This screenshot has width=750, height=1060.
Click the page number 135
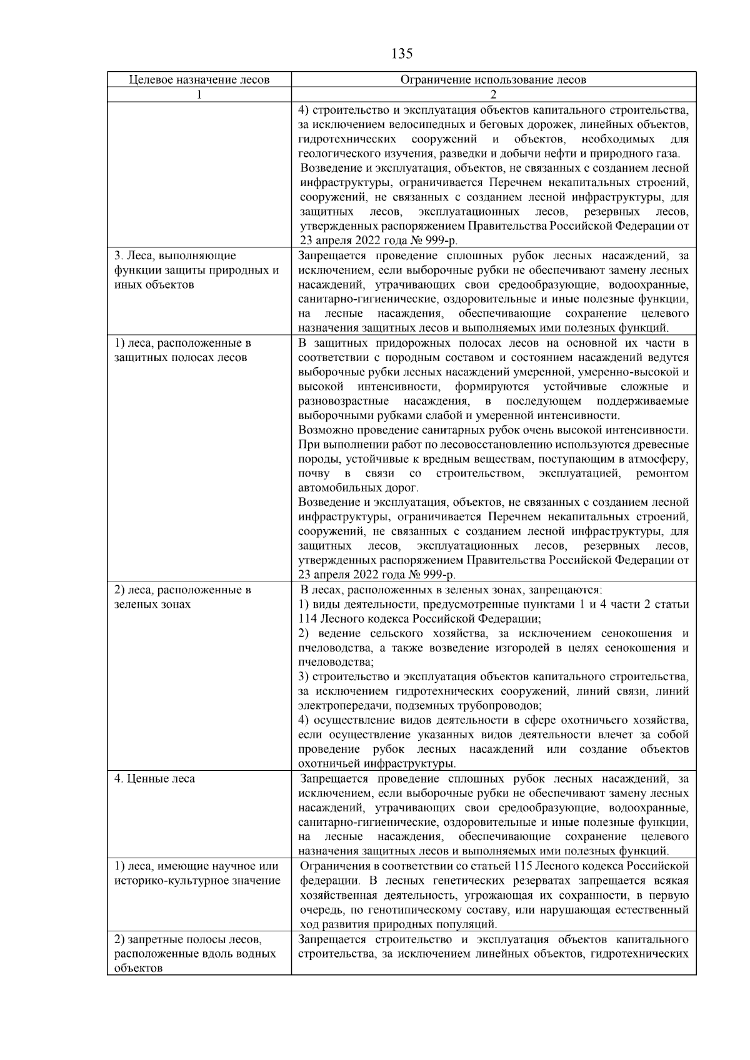pos(402,54)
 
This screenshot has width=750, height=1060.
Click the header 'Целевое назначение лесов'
pos(199,80)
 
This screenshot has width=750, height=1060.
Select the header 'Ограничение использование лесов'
pos(493,80)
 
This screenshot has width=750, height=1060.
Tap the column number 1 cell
pos(199,95)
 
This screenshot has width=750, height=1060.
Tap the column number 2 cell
pos(493,95)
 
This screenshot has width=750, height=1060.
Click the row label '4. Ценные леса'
pos(154,779)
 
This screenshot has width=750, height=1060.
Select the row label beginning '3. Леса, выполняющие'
pos(175,255)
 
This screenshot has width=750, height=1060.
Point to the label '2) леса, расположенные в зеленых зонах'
pos(182,590)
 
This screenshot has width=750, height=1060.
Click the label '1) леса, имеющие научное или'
pos(196,866)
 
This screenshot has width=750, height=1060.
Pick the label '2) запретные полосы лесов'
pos(188,939)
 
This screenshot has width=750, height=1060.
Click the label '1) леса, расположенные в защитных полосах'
pos(182,344)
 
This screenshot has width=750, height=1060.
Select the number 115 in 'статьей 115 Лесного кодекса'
pos(522,866)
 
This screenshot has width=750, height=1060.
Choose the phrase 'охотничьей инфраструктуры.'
pos(377,764)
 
